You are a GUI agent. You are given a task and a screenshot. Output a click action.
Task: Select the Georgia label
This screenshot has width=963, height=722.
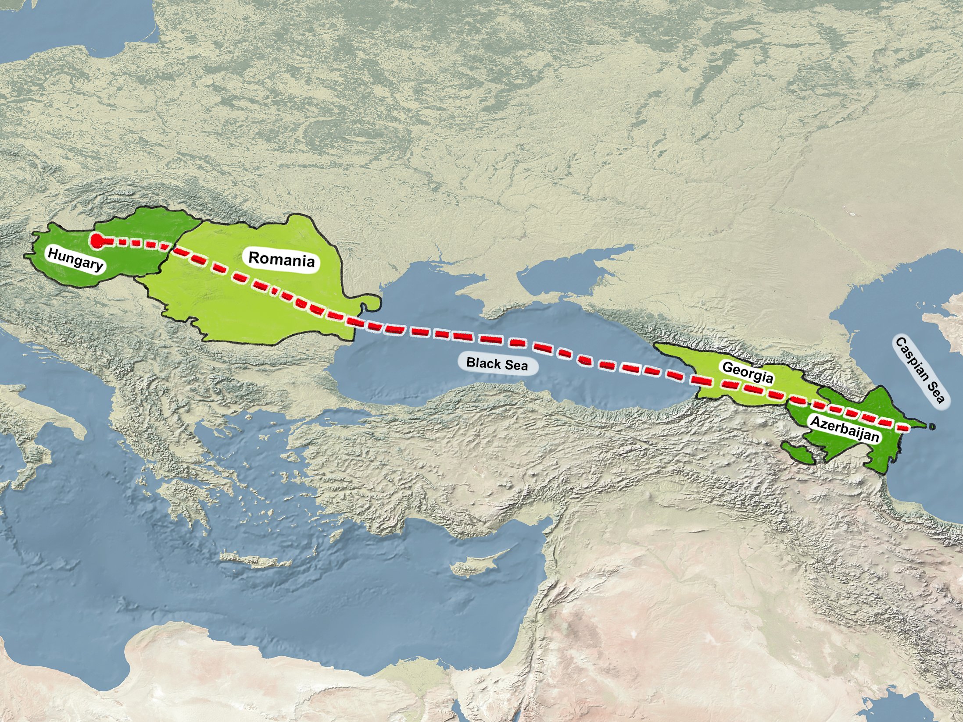[748, 372]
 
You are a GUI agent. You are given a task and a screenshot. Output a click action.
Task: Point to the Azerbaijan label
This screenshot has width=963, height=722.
[845, 428]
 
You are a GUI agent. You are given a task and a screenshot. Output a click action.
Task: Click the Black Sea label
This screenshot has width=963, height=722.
[497, 363]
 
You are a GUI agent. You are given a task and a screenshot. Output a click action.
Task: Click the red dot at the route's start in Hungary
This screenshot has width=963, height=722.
[97, 240]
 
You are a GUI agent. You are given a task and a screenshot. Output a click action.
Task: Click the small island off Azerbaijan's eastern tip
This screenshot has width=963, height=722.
[932, 426]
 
